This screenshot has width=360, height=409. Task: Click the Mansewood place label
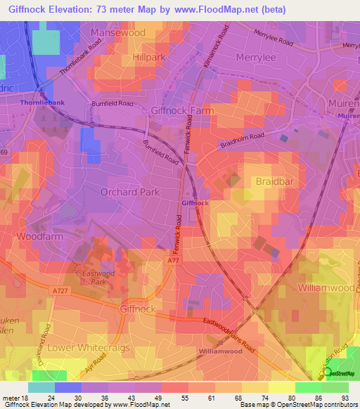click(x=118, y=32)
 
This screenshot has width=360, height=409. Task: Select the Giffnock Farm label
click(x=182, y=110)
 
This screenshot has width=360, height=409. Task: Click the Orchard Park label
click(x=130, y=191)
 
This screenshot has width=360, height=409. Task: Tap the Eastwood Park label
click(x=92, y=280)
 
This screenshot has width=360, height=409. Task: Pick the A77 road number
click(x=174, y=261)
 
